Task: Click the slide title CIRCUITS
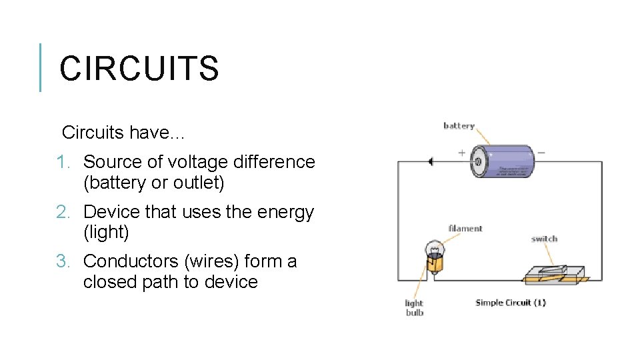pyautogui.click(x=139, y=68)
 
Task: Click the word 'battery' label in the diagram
pyautogui.click(x=459, y=126)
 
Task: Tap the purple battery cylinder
pyautogui.click(x=503, y=161)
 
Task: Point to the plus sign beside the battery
pyautogui.click(x=462, y=153)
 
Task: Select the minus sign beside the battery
pyautogui.click(x=541, y=153)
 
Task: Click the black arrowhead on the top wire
pyautogui.click(x=431, y=161)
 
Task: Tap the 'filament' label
pyautogui.click(x=465, y=229)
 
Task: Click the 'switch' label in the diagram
pyautogui.click(x=544, y=239)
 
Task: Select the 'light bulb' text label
pyautogui.click(x=414, y=308)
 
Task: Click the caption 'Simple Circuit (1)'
pyautogui.click(x=510, y=303)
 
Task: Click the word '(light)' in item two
pyautogui.click(x=106, y=233)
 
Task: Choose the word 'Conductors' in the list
pyautogui.click(x=126, y=261)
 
